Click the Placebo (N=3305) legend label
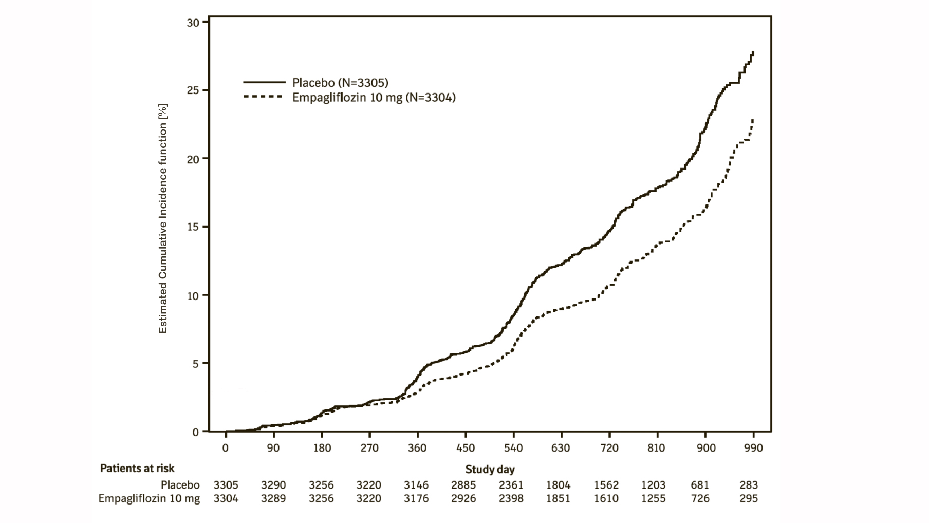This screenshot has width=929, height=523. [340, 82]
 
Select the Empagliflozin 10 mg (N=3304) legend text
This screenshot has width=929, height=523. [374, 97]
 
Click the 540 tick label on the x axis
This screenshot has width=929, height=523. [513, 448]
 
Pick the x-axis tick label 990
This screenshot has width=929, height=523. [753, 448]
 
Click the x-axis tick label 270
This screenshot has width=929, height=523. [369, 448]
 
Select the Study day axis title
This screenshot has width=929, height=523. [490, 469]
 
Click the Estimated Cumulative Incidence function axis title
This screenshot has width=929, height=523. [163, 219]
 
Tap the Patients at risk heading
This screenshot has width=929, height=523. [137, 468]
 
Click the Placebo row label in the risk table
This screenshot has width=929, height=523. [180, 485]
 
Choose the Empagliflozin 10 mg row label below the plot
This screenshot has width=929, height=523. [149, 498]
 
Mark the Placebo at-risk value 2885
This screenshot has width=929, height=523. [463, 485]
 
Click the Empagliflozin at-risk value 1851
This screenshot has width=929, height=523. [558, 498]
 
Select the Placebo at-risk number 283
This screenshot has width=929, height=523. [749, 485]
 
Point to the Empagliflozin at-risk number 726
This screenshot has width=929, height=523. [700, 498]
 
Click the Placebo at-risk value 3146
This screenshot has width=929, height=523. [416, 485]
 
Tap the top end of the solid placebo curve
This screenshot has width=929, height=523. [753, 52]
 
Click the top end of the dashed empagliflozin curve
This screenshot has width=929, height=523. [753, 120]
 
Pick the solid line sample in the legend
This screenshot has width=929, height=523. [264, 82]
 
